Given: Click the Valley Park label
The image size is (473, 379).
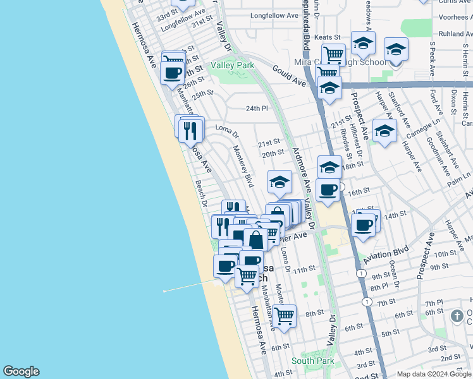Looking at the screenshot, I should click(232, 65).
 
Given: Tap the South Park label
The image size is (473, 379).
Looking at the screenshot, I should click(312, 361).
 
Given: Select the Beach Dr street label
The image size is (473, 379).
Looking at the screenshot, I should click(202, 194).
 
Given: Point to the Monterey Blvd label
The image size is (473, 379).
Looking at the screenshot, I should click(243, 166).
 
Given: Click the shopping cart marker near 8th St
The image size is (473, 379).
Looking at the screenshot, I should click(285, 315).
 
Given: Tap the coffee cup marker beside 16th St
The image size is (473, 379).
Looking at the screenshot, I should click(328, 189).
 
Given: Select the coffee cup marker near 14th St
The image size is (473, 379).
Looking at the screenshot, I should click(364, 225).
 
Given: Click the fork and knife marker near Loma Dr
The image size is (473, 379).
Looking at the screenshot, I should click(191, 130).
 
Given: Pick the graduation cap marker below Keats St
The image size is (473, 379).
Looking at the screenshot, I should click(363, 43).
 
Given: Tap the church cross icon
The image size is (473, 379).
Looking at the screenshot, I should click(458, 315).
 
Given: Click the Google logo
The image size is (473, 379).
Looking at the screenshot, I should click(21, 371).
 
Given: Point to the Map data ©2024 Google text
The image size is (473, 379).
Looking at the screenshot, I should click(434, 374).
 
